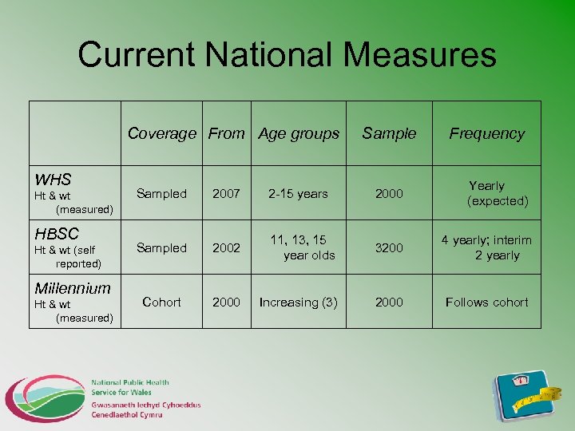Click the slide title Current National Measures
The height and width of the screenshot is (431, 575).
[x=287, y=55]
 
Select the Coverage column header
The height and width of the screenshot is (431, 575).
[x=161, y=134]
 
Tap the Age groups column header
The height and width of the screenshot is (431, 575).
[x=299, y=134]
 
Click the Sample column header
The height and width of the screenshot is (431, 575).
[x=389, y=134]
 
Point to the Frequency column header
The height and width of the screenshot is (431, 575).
[x=486, y=134]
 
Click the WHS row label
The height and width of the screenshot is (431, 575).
[x=53, y=180]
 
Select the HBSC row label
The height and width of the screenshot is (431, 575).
[x=57, y=234]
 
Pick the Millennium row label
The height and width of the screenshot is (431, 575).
[x=72, y=288]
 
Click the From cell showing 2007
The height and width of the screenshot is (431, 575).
[x=226, y=194]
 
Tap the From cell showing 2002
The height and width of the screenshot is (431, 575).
[x=226, y=248]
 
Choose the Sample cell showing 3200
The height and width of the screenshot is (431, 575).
[x=389, y=248]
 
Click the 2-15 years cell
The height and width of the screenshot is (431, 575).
[x=299, y=194]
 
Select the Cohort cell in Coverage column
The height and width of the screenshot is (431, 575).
[x=161, y=302]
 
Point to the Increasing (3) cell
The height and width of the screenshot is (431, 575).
[x=299, y=302]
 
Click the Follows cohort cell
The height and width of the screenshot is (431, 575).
[x=486, y=302]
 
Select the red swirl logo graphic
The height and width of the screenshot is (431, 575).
[x=44, y=397]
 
